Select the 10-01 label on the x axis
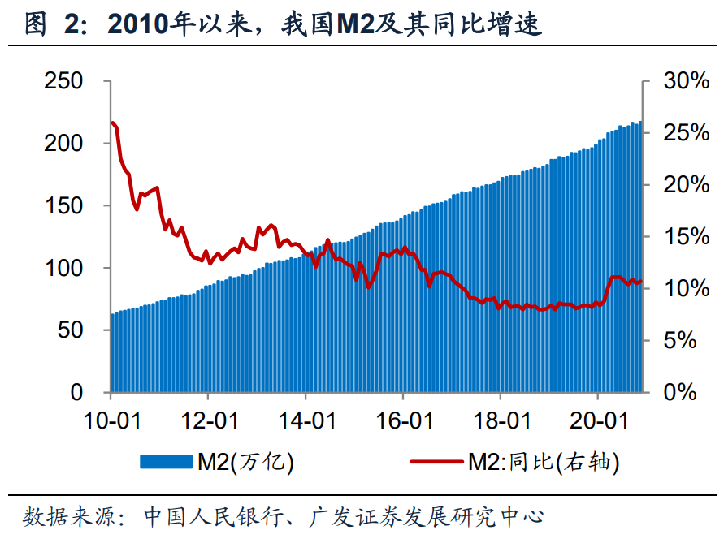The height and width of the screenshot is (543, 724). [x=111, y=422]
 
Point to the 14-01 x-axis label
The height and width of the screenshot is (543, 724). [x=306, y=422]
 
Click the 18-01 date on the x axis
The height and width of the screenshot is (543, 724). [x=501, y=422]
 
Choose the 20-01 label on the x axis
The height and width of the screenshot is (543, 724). [x=598, y=422]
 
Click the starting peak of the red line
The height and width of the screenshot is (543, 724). [x=112, y=123]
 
